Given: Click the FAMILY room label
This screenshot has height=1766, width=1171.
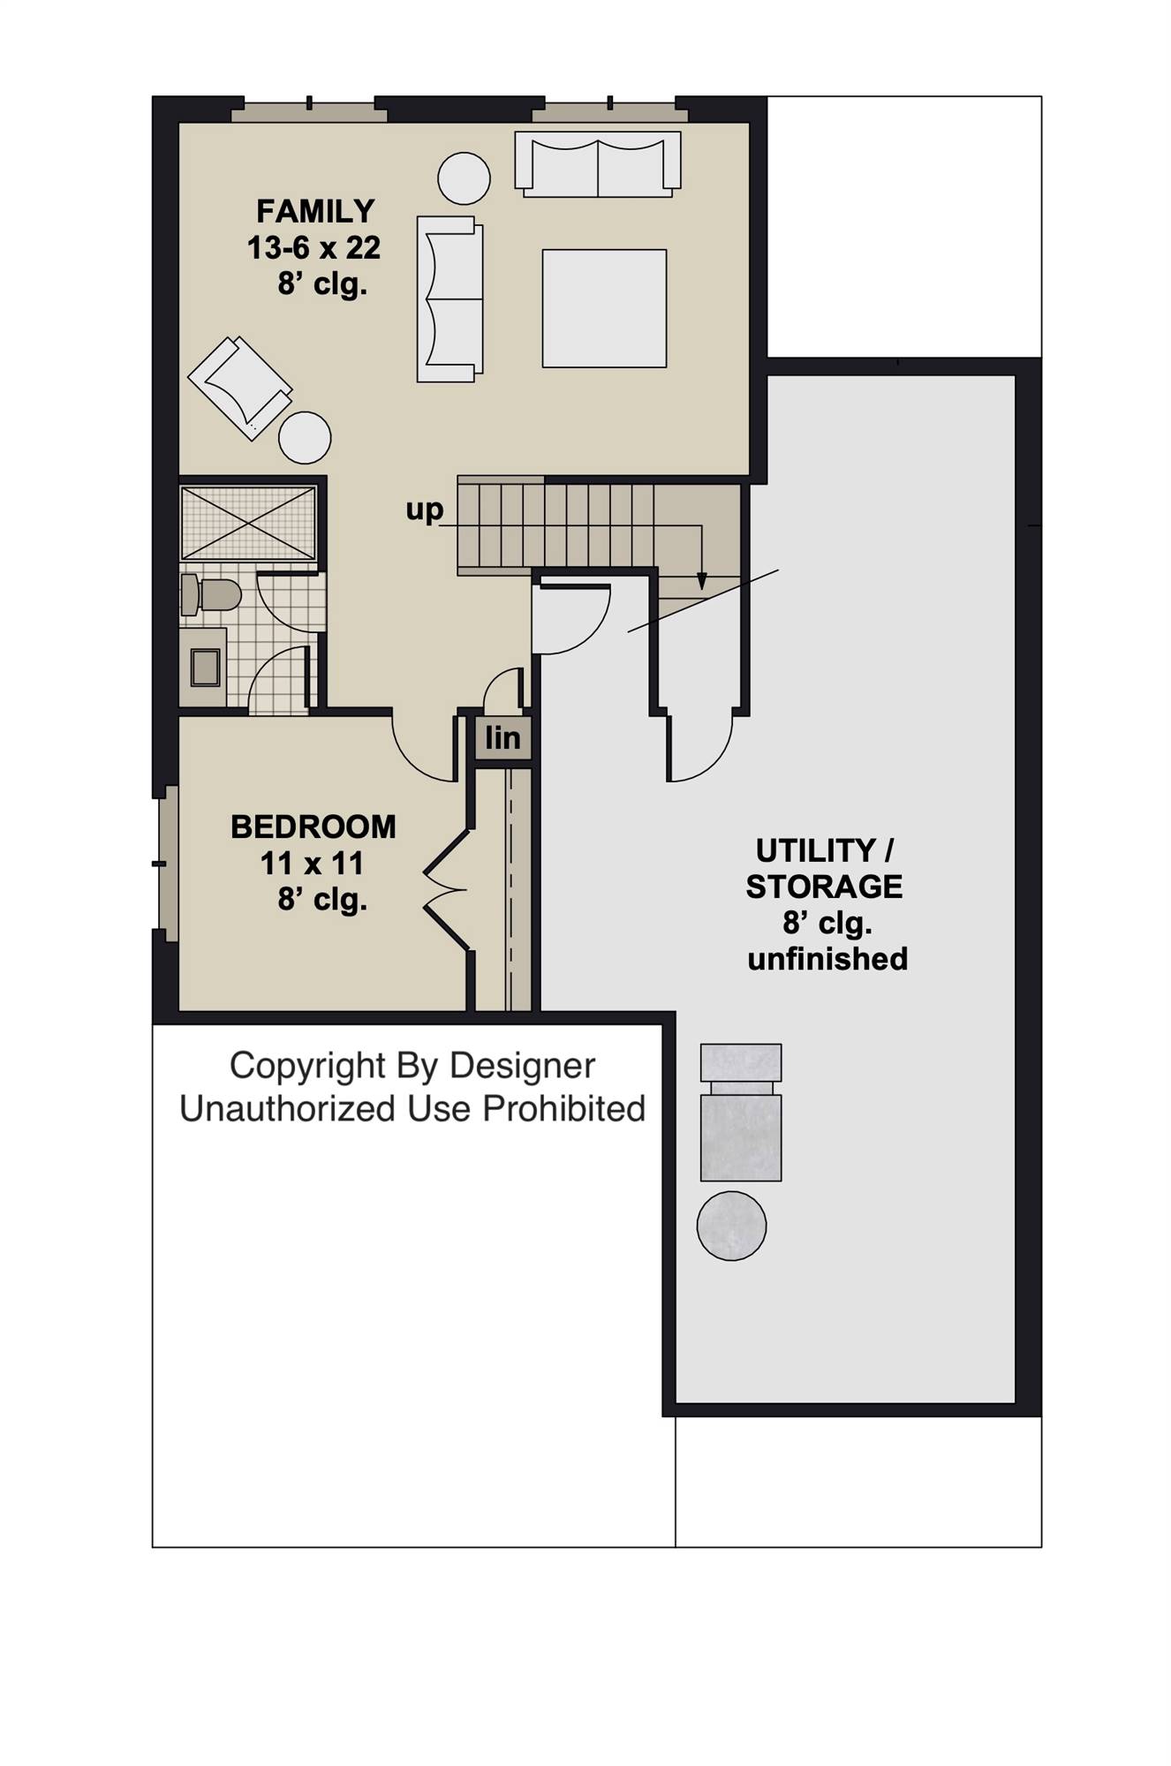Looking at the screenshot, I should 315,212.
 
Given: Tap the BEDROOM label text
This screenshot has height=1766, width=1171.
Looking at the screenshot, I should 314,827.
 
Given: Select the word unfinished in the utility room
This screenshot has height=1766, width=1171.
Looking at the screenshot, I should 827,959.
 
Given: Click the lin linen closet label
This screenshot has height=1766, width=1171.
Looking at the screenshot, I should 502,738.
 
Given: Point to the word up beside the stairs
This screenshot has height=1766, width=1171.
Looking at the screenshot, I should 424,509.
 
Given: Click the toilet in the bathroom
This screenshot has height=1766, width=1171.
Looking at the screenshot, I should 212,595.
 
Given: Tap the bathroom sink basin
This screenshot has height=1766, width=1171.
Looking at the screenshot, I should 206,667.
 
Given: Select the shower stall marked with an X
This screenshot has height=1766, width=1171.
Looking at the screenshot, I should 248,522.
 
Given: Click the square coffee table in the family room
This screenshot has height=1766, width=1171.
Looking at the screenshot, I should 604,308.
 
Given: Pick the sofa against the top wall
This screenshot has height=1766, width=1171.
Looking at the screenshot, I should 598,165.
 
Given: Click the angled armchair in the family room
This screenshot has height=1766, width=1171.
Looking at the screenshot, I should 239,387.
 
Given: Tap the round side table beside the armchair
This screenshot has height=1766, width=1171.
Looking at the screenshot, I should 305,437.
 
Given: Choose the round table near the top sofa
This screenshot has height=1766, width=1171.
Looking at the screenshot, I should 465,178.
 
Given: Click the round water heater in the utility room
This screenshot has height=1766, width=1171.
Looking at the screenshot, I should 731,1225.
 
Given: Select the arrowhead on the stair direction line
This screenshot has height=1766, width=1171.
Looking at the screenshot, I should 702,581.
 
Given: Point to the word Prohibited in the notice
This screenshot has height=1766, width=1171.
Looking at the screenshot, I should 564,1109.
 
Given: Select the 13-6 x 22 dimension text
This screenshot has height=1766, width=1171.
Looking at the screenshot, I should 314,249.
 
